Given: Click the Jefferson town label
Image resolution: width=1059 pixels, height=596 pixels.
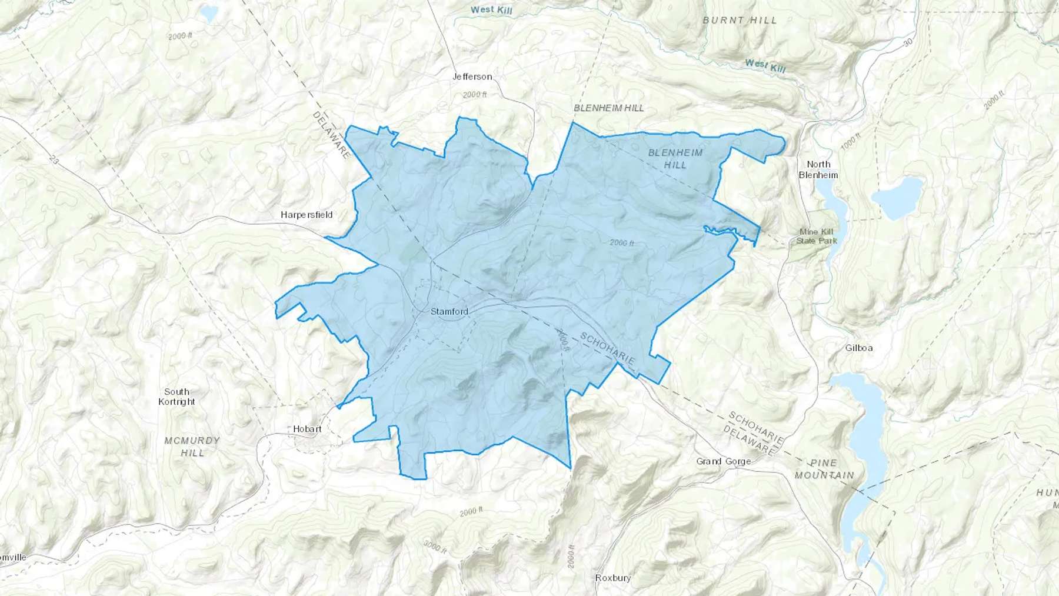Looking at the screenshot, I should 472,76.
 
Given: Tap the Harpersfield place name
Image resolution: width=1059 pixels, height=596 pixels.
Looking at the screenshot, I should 307,215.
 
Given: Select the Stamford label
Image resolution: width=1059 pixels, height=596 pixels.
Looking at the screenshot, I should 449,311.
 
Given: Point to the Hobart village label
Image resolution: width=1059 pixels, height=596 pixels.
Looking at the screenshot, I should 307,429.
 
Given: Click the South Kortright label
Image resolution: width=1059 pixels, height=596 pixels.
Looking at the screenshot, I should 176,397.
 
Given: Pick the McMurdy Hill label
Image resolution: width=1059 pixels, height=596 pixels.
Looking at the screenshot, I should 192,447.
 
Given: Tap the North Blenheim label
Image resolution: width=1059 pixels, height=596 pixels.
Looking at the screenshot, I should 818,169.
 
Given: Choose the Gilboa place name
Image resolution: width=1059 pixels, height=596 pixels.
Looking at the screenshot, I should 859,348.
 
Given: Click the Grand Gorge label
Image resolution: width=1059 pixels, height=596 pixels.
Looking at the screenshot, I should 724,461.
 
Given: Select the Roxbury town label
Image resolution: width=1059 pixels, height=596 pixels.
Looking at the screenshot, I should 613,578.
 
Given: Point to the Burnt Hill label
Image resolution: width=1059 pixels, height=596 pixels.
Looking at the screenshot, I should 740,20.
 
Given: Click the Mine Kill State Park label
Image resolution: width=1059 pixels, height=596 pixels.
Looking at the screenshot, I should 817,236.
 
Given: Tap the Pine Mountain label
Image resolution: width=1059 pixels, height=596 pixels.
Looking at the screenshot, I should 824,469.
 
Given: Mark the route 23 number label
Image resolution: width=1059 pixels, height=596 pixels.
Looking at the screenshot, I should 55,159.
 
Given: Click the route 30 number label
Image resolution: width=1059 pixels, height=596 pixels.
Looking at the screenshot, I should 908,42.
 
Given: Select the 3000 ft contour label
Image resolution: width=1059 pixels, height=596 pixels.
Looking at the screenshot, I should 435,547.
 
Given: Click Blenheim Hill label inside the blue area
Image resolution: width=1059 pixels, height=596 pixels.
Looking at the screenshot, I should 675,159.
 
